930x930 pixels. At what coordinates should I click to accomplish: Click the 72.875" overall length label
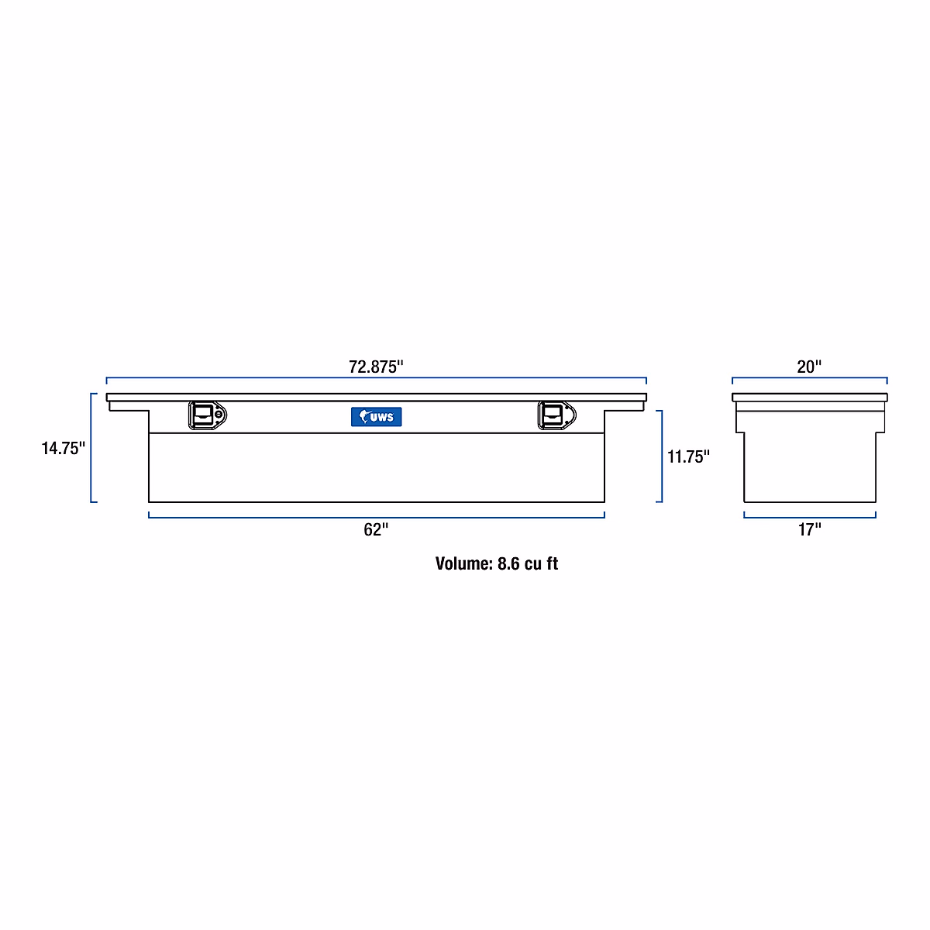tap(376, 367)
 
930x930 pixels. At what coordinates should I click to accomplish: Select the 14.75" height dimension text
tap(63, 448)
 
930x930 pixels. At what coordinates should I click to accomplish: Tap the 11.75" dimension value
tap(688, 456)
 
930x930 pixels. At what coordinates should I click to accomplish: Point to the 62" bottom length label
tap(376, 530)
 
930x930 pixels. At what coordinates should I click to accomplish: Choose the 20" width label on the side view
tap(809, 367)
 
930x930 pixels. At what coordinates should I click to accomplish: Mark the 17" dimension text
tap(809, 530)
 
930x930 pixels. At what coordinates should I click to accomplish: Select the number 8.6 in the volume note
tap(508, 563)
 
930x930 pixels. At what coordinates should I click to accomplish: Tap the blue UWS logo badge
tap(377, 417)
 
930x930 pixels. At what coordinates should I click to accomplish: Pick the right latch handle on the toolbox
tap(552, 415)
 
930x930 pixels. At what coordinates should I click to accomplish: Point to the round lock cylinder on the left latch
tap(219, 415)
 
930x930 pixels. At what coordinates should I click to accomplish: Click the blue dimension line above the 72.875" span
tap(376, 378)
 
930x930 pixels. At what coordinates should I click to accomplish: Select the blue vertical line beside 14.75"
tap(92, 448)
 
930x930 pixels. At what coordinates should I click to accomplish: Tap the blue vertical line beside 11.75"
tap(661, 456)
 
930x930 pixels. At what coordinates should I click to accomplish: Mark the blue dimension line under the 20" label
tap(809, 378)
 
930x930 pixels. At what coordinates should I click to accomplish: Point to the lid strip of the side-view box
tap(809, 398)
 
